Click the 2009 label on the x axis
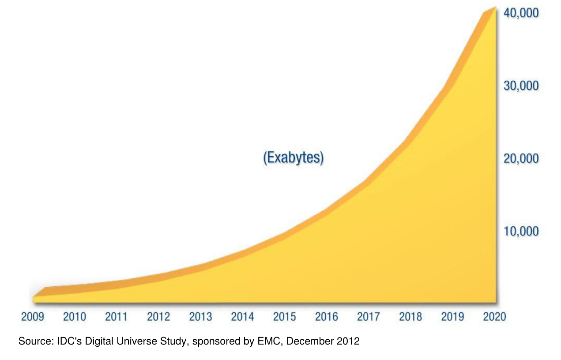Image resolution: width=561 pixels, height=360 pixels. (x=33, y=316)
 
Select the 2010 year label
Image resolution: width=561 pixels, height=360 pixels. (x=75, y=316)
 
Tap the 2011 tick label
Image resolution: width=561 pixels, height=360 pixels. (x=117, y=316)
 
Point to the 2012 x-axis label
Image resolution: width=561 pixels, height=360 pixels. (x=158, y=316)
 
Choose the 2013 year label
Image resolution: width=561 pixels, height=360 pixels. (x=200, y=316)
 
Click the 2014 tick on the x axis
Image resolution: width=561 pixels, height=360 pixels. (x=242, y=316)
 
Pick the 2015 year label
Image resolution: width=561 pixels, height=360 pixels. (x=285, y=316)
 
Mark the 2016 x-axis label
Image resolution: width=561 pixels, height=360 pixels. (x=327, y=316)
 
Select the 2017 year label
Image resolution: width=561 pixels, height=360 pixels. (x=369, y=316)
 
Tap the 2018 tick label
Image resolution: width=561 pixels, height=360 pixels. (x=410, y=316)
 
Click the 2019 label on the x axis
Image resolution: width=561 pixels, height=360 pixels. (x=452, y=316)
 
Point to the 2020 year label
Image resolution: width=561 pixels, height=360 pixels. (x=494, y=316)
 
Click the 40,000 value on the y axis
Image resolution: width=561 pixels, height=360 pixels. (x=521, y=13)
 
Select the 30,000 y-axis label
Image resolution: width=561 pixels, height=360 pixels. (x=521, y=86)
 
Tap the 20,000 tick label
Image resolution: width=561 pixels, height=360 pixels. (x=521, y=158)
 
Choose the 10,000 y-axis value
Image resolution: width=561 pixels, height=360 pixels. (x=521, y=231)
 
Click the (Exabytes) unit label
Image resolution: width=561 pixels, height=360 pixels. (x=294, y=157)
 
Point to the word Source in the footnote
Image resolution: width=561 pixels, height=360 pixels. (x=33, y=341)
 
